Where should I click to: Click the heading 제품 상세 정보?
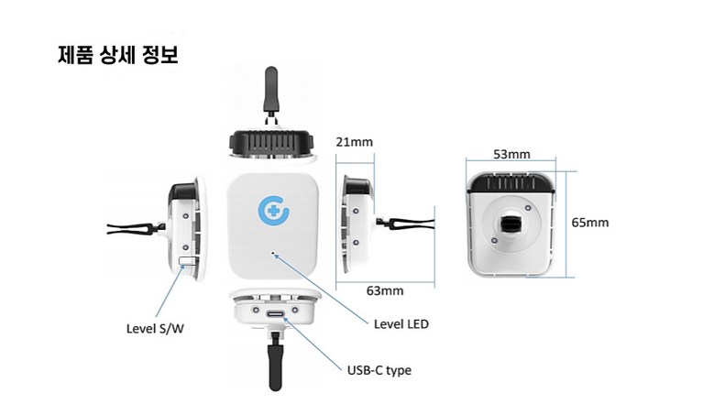click(118, 55)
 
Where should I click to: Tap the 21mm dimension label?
click(355, 142)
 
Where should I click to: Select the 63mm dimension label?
click(385, 290)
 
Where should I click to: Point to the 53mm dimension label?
click(511, 154)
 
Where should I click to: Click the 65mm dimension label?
click(590, 223)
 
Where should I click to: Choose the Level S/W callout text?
click(155, 329)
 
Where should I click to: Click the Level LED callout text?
click(401, 324)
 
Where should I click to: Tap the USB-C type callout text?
click(379, 370)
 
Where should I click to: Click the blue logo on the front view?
click(273, 210)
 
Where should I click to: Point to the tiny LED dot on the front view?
click(273, 254)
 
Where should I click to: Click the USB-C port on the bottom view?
click(276, 314)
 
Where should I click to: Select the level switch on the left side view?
click(188, 261)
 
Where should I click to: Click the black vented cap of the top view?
click(271, 142)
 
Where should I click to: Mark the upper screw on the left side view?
click(185, 215)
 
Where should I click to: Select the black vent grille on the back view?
click(511, 182)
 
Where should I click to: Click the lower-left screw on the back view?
click(494, 240)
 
